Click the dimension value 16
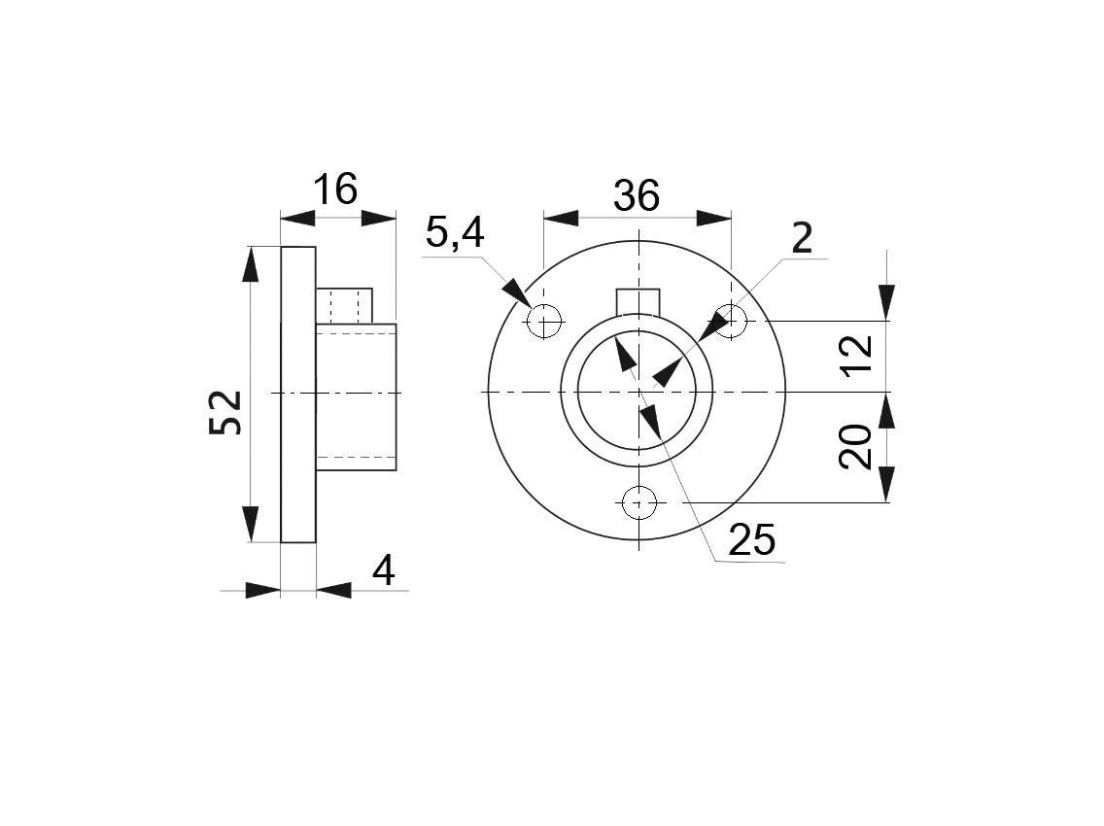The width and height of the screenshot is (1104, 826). (335, 189)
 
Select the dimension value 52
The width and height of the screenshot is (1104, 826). (225, 412)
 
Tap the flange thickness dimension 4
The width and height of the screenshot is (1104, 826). (384, 570)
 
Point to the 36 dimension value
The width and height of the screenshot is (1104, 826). (637, 195)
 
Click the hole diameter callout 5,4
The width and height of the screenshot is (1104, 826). (455, 233)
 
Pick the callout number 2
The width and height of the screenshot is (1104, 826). (802, 238)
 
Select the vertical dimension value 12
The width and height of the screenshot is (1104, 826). (857, 357)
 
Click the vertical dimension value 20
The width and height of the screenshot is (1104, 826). (855, 447)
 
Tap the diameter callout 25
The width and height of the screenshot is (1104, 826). (751, 540)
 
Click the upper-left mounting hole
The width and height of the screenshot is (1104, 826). (544, 322)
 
